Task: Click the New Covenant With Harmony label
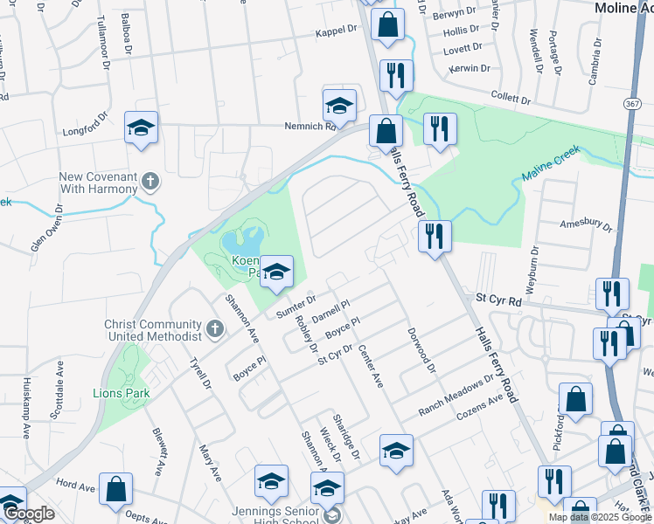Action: [x=98, y=183]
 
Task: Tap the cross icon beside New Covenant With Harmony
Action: [x=150, y=183]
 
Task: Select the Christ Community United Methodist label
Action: [x=153, y=330]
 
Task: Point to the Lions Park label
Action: [x=123, y=393]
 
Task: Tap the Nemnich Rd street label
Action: [x=310, y=126]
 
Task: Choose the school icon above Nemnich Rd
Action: [x=339, y=107]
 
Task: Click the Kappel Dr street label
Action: [x=337, y=30]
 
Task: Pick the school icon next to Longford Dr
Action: [x=141, y=128]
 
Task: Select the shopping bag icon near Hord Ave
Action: [x=115, y=491]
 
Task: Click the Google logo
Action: [x=29, y=514]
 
